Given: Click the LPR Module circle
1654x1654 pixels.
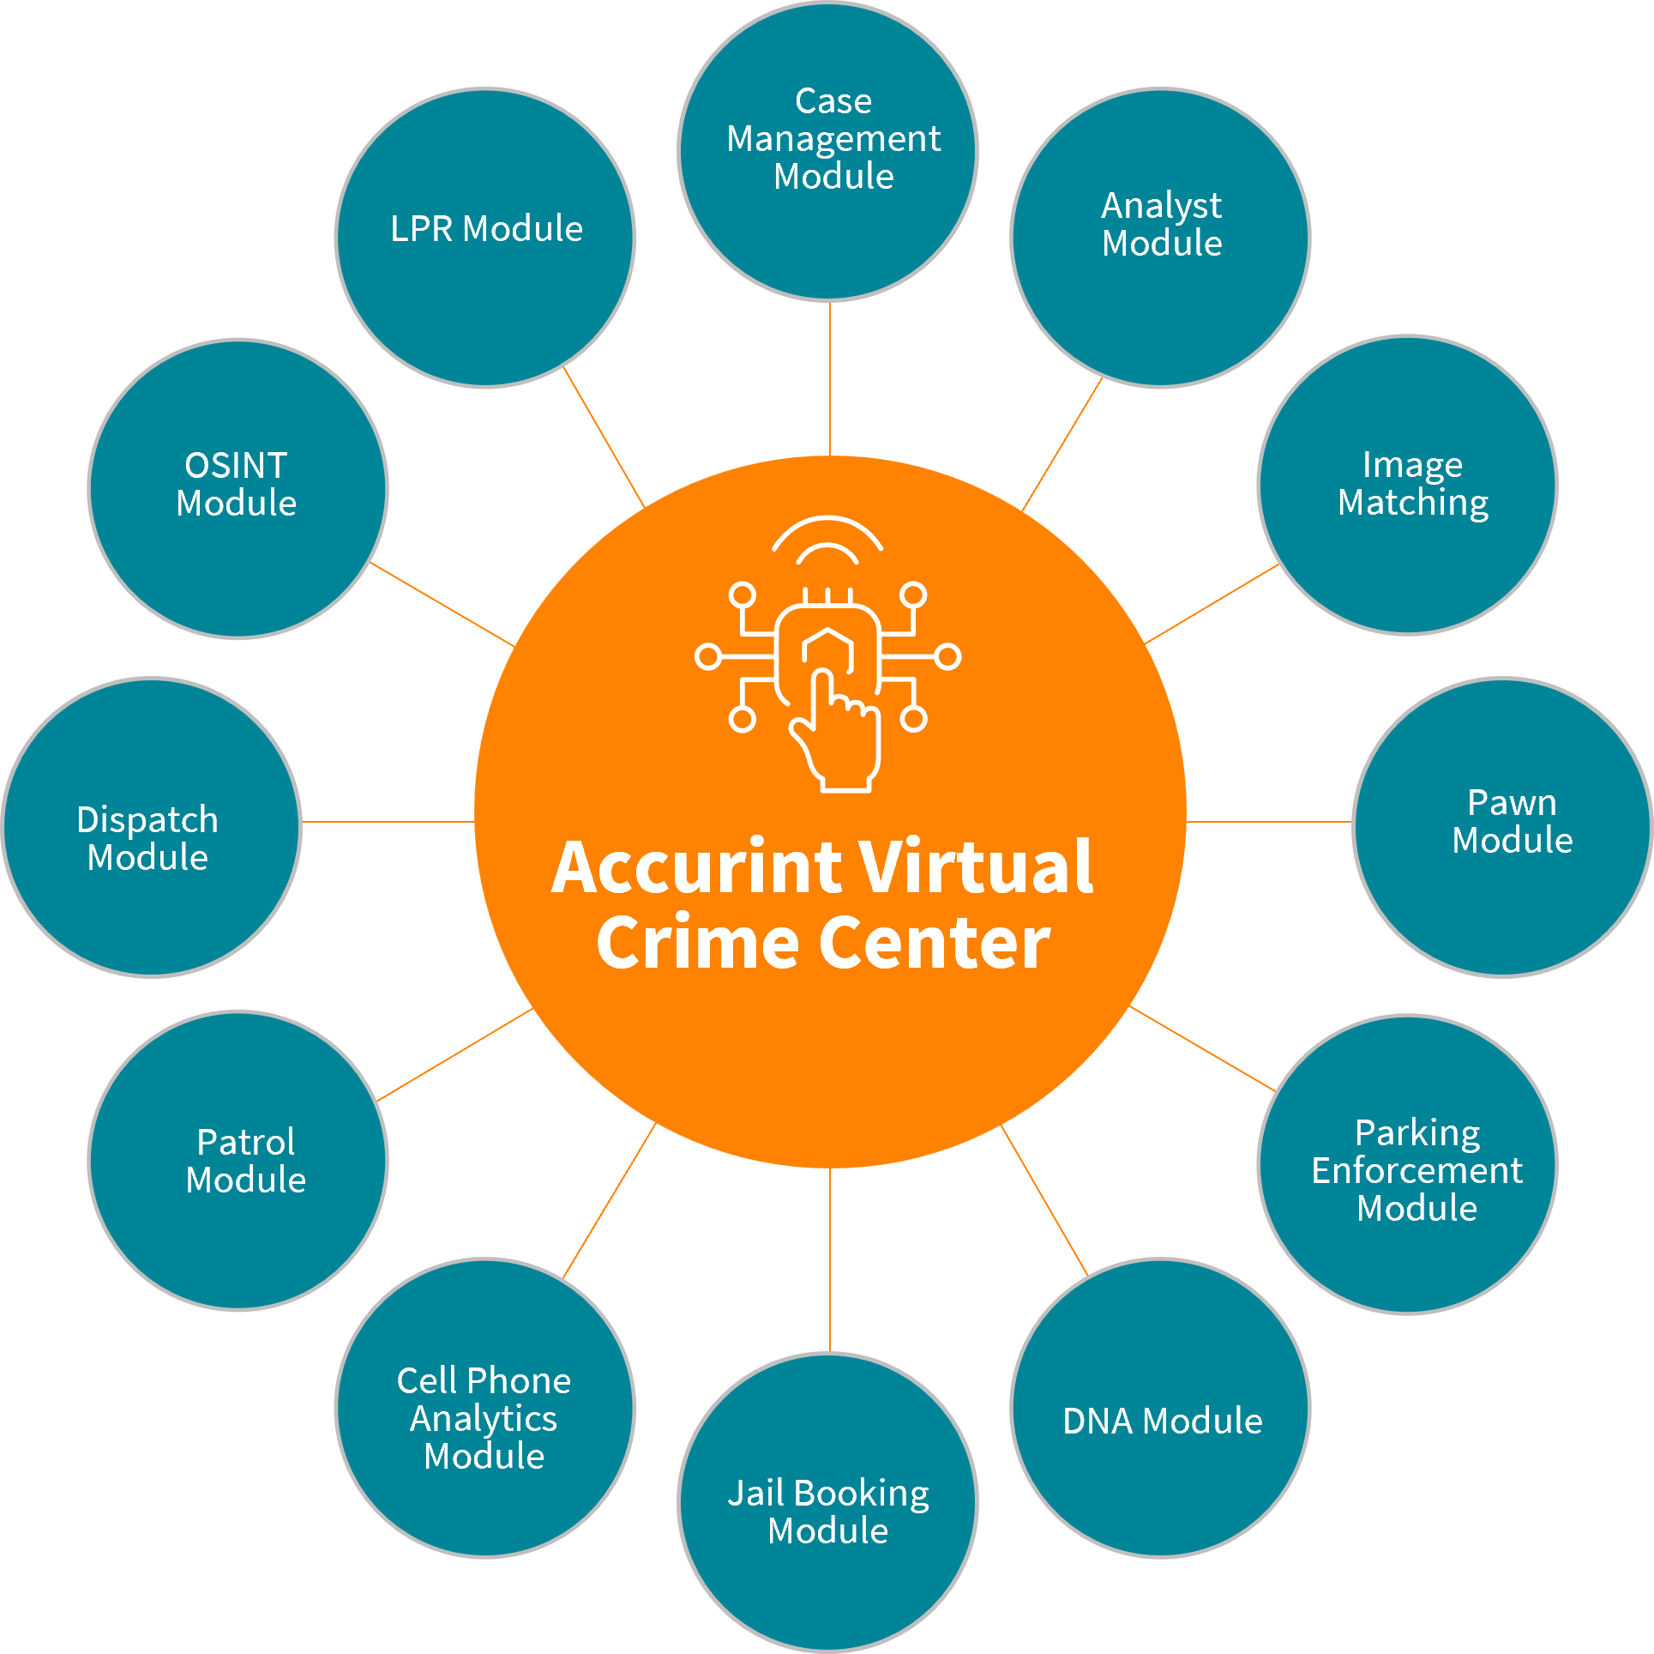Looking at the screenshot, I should (485, 238).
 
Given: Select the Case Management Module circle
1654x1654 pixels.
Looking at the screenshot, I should (828, 152).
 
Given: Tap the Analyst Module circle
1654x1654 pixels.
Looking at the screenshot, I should (1161, 238).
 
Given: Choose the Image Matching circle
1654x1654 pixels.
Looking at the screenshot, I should (1408, 485).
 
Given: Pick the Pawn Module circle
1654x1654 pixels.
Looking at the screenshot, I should (1502, 827).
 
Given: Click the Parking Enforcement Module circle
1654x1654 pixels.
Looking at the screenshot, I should (1408, 1164).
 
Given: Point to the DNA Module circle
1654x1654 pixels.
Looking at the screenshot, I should (1161, 1408).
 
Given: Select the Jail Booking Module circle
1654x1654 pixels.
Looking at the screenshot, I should (828, 1503).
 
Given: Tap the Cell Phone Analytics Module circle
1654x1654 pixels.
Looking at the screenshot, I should (485, 1408).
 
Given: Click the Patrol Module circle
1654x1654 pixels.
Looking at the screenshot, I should (238, 1160).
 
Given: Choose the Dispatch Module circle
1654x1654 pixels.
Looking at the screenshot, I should (152, 827).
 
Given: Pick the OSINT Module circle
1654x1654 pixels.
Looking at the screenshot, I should (238, 489).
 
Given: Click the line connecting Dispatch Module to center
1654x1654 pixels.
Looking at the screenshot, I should (388, 822).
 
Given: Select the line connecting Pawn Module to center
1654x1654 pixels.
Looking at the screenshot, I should (1269, 822).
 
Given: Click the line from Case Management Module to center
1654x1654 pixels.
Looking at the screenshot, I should (830, 377).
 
